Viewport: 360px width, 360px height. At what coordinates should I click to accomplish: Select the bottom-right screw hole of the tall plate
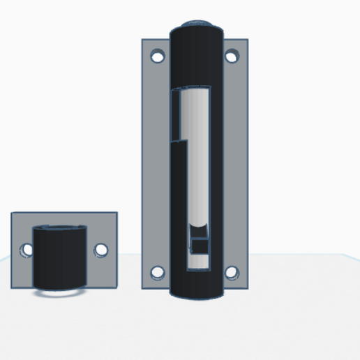click(232, 272)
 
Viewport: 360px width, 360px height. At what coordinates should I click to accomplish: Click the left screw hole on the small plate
click(27, 249)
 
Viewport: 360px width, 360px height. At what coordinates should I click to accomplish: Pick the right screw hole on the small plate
click(101, 249)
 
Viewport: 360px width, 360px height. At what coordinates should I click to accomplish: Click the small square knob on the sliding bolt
click(200, 245)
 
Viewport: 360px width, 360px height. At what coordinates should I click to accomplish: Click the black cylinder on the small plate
click(61, 258)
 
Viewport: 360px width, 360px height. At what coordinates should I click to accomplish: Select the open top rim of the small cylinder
click(61, 227)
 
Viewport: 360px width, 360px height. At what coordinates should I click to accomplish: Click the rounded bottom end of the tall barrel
click(196, 292)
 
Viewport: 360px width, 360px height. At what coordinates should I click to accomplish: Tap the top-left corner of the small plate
click(12, 213)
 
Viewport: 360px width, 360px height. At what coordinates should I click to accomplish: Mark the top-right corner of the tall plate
click(248, 40)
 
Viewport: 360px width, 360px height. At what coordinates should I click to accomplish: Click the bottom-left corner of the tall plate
click(143, 288)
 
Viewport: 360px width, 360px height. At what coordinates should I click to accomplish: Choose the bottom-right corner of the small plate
click(117, 286)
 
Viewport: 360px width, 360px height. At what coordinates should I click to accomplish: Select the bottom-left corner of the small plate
click(12, 286)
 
